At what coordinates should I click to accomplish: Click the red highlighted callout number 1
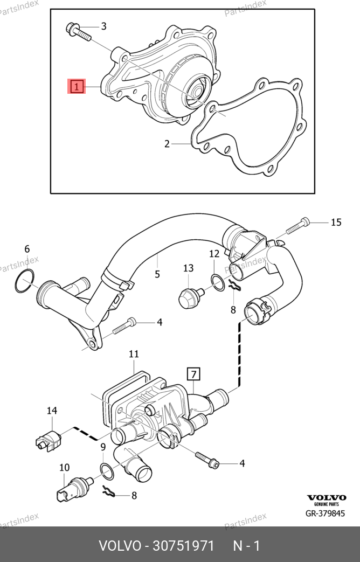point(77,86)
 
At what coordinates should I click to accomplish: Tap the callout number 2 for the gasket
point(167,144)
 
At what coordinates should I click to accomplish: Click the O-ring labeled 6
point(25,281)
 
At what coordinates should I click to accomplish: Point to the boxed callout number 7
point(193,374)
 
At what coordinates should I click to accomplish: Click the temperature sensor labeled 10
point(73,489)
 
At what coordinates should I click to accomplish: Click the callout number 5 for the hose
point(157,274)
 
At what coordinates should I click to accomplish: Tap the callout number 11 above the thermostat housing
point(134,354)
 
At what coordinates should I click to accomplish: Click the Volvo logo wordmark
point(327,497)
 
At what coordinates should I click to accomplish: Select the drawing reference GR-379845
point(325,514)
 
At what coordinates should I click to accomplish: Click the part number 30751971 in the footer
point(183,546)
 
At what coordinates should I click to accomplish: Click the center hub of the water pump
point(198,92)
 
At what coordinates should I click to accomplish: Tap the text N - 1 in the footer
point(246,546)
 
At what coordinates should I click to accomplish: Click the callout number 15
point(336,222)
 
